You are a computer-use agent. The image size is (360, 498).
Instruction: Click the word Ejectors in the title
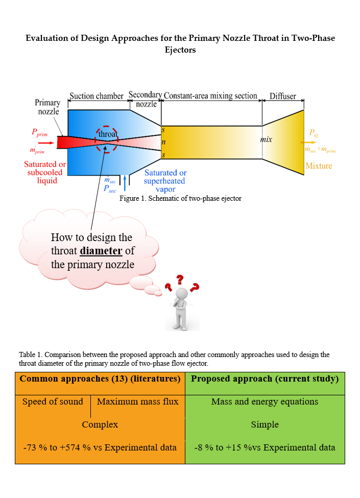coord(180,50)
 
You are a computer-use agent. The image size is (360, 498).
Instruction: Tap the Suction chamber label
coord(97,96)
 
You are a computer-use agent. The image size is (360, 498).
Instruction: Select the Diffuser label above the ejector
coord(283,96)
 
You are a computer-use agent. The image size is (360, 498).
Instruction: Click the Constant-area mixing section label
coord(210,96)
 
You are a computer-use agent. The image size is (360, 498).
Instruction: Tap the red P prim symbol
coord(42,132)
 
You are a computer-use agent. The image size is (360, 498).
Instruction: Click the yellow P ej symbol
coord(313,132)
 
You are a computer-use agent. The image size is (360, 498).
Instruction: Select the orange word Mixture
coord(318,165)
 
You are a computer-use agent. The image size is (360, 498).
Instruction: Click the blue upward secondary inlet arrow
coord(124,183)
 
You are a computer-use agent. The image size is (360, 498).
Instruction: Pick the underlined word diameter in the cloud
coord(101,251)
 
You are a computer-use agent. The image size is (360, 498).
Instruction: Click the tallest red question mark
coord(180,280)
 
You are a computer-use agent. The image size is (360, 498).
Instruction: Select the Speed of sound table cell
coord(53,401)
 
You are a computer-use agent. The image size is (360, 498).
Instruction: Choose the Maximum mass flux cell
coord(138,401)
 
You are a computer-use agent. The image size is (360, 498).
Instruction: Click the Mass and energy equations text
coord(265,401)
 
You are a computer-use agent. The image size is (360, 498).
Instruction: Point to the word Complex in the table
coord(100,424)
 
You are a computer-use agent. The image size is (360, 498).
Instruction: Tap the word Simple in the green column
coord(265,424)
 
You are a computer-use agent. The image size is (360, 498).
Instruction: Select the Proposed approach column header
coord(265,378)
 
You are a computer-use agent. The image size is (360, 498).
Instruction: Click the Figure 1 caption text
coord(180,198)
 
